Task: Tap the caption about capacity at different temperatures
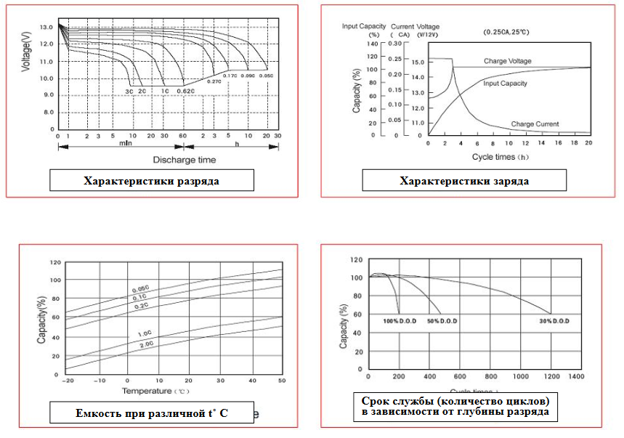coord(151,413)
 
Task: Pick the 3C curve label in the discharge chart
coord(129,91)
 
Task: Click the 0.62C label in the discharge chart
coord(185,91)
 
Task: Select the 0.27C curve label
coord(214,81)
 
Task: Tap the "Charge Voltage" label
coord(507,61)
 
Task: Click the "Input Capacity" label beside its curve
coord(506,84)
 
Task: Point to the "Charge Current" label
coord(535,124)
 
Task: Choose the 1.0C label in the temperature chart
coord(145,334)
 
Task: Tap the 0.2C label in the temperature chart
coord(142,306)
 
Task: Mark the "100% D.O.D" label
coord(400,320)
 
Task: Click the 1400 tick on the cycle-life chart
coord(576,377)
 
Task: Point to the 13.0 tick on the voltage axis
coord(46,27)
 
